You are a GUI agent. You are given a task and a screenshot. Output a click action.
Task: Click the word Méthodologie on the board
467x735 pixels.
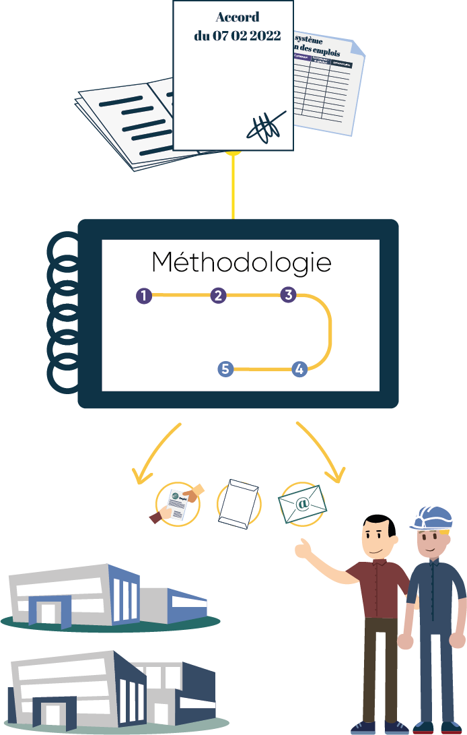point(241,263)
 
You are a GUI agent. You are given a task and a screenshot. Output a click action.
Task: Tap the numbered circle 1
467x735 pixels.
point(144,296)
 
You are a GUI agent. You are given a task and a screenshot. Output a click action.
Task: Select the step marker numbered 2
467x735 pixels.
point(218,296)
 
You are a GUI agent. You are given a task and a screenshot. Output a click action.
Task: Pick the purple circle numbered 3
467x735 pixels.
point(288,294)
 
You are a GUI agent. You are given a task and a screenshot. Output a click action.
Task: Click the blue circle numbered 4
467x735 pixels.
point(299,369)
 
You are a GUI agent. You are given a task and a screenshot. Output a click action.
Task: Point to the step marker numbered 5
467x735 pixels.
point(225,369)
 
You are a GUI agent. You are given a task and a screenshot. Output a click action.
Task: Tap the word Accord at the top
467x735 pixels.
point(237,18)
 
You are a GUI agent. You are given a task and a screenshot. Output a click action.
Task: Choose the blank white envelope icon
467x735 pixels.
point(239,503)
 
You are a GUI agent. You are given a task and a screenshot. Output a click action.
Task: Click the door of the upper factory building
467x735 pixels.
point(47,612)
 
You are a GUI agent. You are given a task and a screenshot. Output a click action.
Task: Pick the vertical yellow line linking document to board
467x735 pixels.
point(233,189)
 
